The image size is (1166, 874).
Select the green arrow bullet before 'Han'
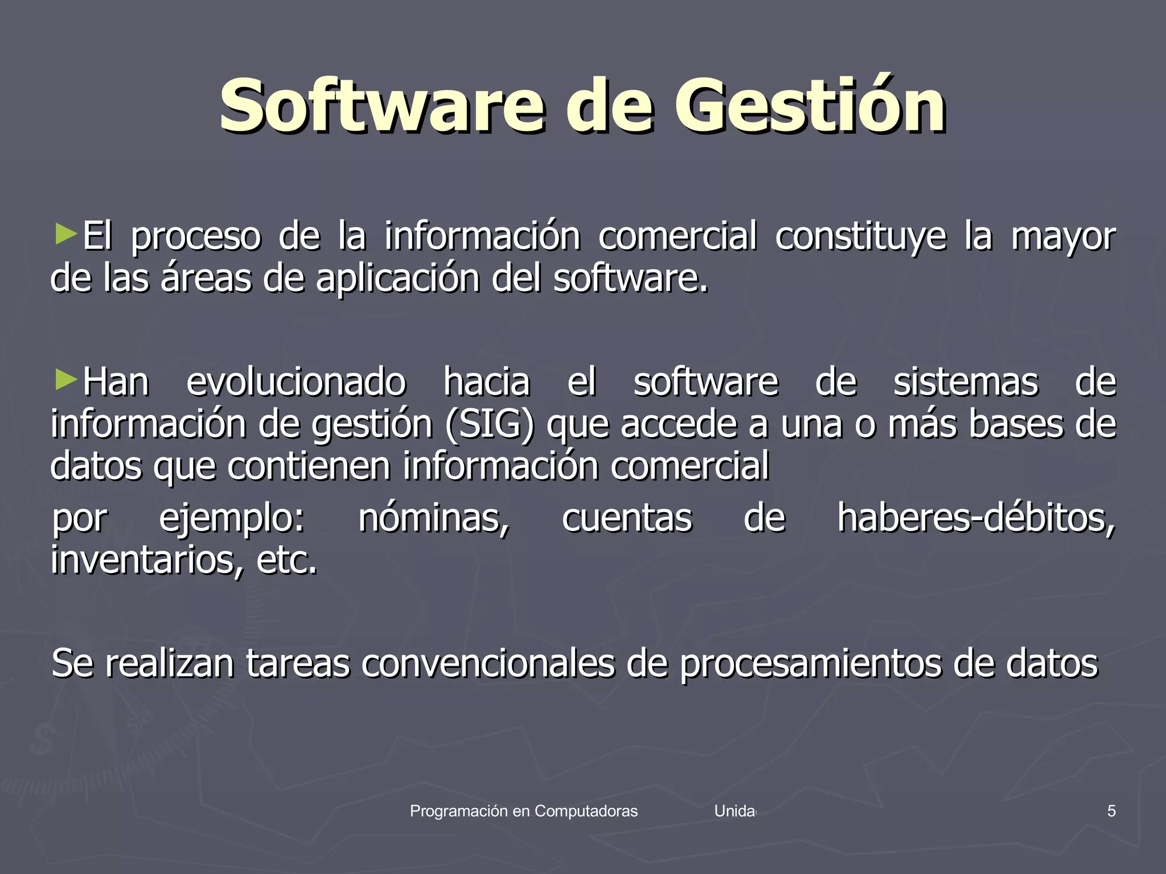[x=66, y=379]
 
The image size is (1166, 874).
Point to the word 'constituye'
[x=860, y=236]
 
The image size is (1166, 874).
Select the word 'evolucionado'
[x=296, y=382]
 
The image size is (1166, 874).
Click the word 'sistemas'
[x=966, y=382]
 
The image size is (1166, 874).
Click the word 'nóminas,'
[x=434, y=519]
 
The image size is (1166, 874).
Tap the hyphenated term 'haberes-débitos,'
[x=976, y=519]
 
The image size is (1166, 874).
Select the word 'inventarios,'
[x=147, y=561]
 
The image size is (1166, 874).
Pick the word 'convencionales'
[x=488, y=663]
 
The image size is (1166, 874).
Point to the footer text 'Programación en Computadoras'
[x=524, y=811]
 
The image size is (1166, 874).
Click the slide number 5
[x=1111, y=811]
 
